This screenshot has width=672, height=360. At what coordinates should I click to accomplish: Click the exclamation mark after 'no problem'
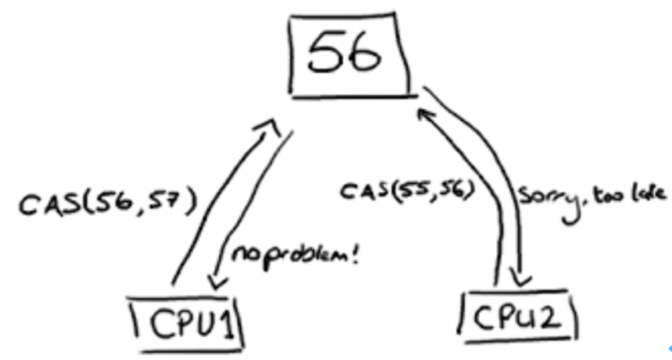tap(355, 254)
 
